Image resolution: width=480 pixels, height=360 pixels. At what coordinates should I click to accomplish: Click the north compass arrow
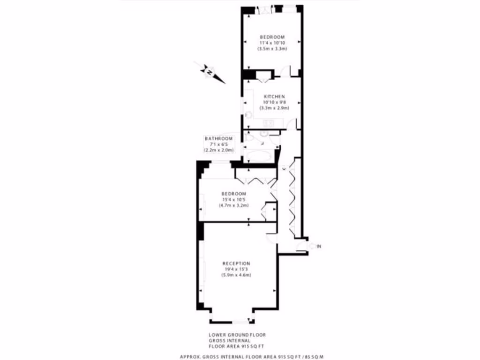[209, 72]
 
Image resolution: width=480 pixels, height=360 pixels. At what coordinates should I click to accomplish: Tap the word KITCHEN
[274, 97]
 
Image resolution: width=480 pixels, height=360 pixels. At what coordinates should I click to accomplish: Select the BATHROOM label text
[218, 139]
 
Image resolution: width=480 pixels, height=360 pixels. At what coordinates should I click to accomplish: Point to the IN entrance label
[319, 246]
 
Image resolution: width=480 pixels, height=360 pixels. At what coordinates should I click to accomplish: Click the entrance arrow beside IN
[310, 246]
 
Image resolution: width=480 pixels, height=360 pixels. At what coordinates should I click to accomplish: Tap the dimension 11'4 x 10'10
[272, 43]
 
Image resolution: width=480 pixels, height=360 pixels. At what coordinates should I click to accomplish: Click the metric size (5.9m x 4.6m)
[236, 275]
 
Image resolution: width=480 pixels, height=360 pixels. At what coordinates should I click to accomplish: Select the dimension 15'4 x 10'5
[233, 200]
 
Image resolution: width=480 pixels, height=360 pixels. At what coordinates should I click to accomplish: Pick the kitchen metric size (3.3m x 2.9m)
[274, 108]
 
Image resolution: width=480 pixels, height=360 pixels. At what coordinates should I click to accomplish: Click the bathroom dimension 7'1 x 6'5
[218, 144]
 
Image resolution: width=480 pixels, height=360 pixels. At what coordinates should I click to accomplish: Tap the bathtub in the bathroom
[257, 156]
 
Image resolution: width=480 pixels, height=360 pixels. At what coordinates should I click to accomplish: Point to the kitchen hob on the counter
[268, 123]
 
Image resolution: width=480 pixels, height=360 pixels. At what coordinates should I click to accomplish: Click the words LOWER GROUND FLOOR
[237, 335]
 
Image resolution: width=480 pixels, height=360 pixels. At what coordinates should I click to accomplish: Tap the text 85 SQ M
[312, 357]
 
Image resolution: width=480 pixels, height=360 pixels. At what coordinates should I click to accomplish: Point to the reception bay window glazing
[232, 322]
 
